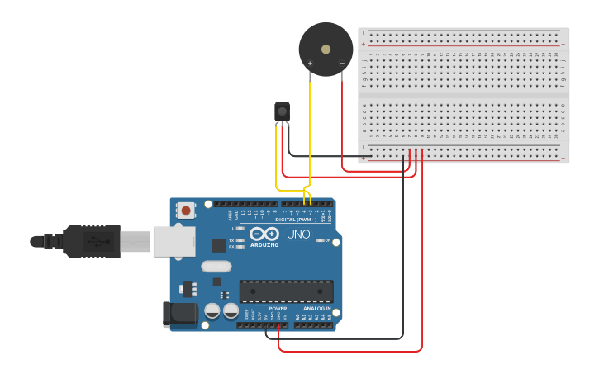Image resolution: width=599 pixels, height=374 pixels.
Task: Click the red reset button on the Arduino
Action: [186, 211]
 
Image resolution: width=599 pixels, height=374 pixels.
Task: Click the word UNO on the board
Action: [298, 234]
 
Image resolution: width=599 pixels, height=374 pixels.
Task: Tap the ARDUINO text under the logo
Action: [264, 245]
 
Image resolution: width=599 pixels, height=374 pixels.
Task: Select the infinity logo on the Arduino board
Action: [264, 234]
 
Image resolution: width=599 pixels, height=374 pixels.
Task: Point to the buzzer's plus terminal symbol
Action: [311, 63]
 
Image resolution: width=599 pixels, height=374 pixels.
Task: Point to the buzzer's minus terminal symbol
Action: [341, 63]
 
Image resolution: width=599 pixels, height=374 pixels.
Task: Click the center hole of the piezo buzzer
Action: [326, 49]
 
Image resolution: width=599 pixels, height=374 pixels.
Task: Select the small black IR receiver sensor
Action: [282, 111]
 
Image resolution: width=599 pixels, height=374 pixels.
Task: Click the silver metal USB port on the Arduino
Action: [174, 240]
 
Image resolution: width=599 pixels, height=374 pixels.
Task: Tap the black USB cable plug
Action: [92, 241]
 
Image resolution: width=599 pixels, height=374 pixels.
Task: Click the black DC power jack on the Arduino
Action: [181, 313]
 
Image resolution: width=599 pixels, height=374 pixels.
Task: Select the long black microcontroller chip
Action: [287, 291]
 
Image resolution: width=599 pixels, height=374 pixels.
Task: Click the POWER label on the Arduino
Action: [278, 309]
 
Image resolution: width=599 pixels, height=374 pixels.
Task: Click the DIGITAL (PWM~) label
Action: [296, 220]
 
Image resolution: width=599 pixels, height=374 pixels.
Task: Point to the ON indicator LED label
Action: [329, 240]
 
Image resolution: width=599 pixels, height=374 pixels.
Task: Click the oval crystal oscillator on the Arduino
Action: [216, 266]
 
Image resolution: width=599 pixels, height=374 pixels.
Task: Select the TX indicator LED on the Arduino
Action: [240, 240]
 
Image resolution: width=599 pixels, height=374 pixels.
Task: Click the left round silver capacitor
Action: [212, 311]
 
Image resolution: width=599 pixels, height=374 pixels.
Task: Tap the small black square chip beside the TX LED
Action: [218, 244]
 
